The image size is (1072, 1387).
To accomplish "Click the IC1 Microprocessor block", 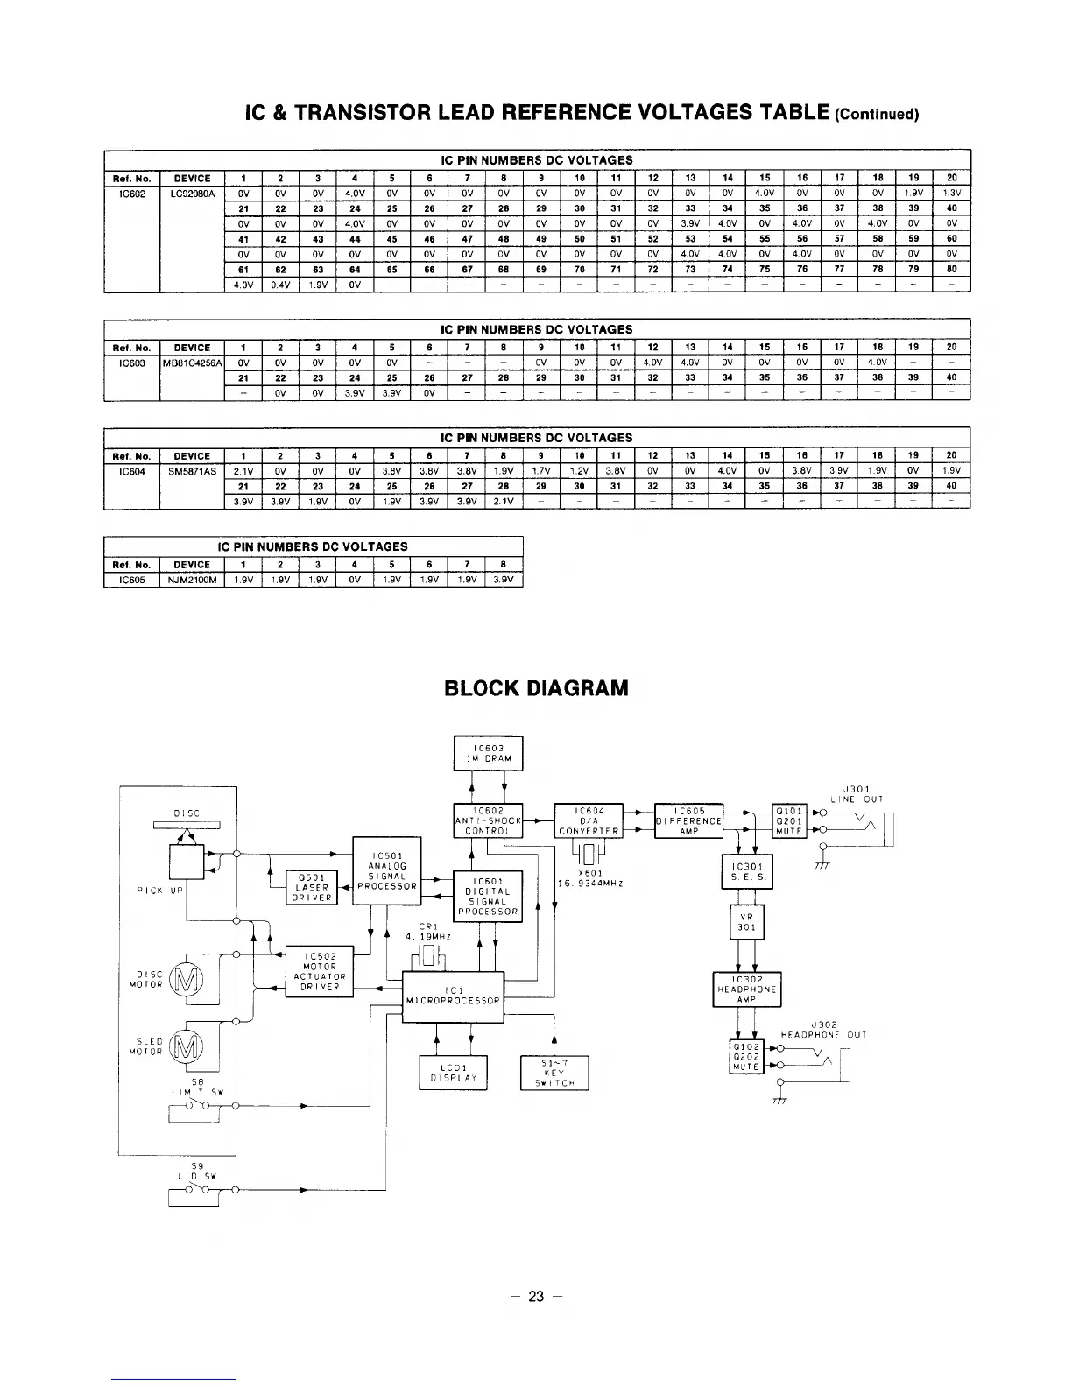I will (452, 996).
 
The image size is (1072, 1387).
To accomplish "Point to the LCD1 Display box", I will (453, 1072).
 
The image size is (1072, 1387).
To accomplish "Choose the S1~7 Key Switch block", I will (554, 1072).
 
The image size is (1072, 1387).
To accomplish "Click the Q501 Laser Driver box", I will (311, 887).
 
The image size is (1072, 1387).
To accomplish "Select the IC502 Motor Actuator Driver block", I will (320, 971).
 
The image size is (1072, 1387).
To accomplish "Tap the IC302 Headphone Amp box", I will (747, 989).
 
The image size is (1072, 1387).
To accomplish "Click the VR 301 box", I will (747, 920).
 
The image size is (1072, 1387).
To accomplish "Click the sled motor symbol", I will (186, 1045).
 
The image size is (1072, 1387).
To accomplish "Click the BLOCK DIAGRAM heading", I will (536, 687).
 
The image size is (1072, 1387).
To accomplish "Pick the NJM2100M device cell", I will (192, 580).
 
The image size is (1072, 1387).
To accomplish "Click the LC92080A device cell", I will (192, 192).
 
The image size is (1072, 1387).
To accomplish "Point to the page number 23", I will (536, 1297).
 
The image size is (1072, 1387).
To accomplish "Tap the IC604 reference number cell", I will (131, 470).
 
